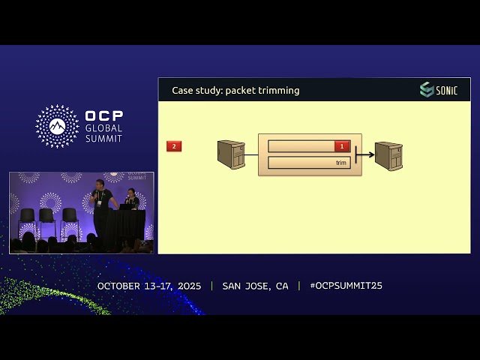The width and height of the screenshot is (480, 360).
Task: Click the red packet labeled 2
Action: pyautogui.click(x=174, y=146)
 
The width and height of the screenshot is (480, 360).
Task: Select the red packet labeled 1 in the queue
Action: pyautogui.click(x=342, y=146)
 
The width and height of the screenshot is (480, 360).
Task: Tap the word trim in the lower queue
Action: pyautogui.click(x=341, y=163)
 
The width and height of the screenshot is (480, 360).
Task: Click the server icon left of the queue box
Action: pyautogui.click(x=231, y=154)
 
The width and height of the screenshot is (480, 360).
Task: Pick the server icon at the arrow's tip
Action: pyautogui.click(x=388, y=156)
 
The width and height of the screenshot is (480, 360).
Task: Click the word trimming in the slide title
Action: pyautogui.click(x=280, y=91)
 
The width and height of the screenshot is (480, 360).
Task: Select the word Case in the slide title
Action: pyautogui.click(x=182, y=91)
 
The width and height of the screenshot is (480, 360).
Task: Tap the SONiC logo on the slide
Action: pyautogui.click(x=438, y=90)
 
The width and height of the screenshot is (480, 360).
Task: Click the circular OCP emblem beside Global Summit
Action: pyautogui.click(x=57, y=126)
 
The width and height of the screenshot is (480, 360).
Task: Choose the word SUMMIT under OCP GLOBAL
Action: pyautogui.click(x=103, y=139)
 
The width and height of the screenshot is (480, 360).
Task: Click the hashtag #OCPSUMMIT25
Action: pyautogui.click(x=346, y=286)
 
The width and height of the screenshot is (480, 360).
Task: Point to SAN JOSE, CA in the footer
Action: pyautogui.click(x=255, y=286)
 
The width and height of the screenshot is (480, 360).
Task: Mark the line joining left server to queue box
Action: pyautogui.click(x=251, y=155)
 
